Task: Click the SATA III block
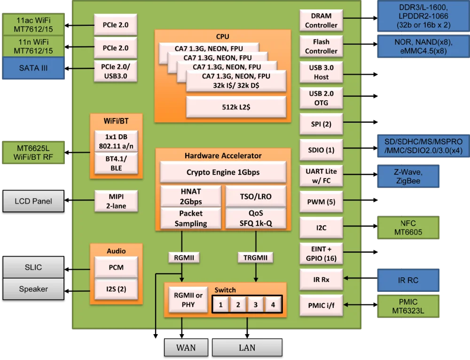(33, 68)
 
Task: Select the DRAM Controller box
(321, 21)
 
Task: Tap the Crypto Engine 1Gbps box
(223, 172)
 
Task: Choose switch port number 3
(255, 305)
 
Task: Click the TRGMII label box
(255, 257)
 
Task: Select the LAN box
(247, 348)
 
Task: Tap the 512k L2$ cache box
(236, 107)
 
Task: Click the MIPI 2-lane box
(116, 201)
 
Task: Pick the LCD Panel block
(33, 201)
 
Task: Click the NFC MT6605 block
(408, 227)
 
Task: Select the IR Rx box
(321, 280)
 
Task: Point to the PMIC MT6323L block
(408, 306)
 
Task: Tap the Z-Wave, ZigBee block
(408, 176)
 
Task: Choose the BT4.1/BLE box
(116, 163)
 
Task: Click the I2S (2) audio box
(116, 289)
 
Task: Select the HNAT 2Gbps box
(191, 196)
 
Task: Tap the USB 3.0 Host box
(321, 72)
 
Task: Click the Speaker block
(33, 289)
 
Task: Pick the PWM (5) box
(321, 202)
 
